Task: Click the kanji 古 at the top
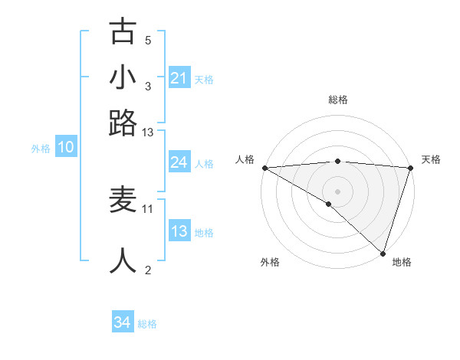123,33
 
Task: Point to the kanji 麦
123,201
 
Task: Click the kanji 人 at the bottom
123,260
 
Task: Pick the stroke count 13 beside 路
148,133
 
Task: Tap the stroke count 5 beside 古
148,40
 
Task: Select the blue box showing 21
179,77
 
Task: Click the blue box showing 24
179,162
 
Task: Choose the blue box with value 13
179,231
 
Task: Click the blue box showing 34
122,323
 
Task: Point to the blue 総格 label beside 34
147,324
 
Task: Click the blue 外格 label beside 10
41,149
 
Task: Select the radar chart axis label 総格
337,100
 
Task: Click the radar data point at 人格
264,167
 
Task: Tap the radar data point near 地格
383,253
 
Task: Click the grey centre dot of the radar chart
337,191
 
